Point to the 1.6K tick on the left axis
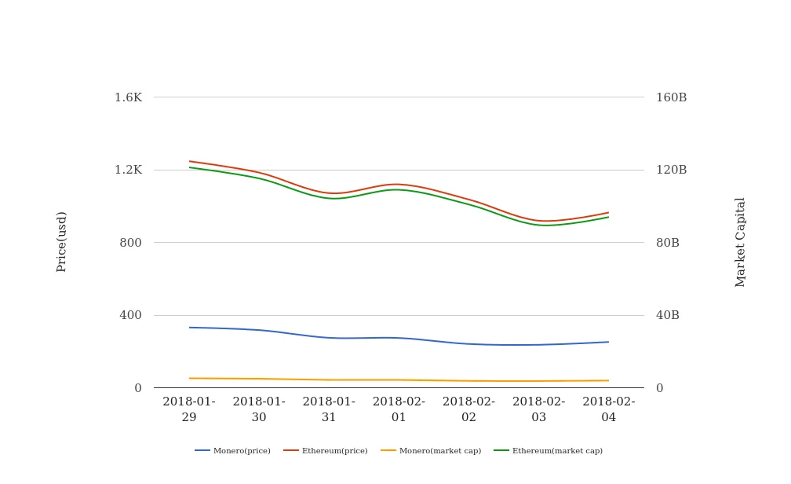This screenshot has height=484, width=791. pos(128,97)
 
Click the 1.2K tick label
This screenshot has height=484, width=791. pos(128,170)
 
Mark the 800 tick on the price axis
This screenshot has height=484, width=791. pos(130,243)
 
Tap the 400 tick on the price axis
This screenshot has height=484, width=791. pos(130,315)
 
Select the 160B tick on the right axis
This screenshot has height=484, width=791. pos(671,97)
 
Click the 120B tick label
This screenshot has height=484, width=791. pos(671,170)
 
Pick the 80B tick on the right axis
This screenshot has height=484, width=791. pos(668,243)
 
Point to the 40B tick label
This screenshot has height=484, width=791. pos(668,315)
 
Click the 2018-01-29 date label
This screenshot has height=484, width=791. pos(189,409)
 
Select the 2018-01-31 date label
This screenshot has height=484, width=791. pos(329,409)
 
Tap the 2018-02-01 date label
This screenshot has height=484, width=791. pos(399,409)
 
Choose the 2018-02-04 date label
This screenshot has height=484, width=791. pos(609,409)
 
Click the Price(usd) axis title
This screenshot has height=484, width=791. pos(62,241)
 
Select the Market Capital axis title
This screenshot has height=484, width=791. pos(741,242)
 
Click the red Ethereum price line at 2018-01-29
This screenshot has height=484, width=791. pos(190,161)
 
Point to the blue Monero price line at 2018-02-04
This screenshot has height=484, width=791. pos(608,342)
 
